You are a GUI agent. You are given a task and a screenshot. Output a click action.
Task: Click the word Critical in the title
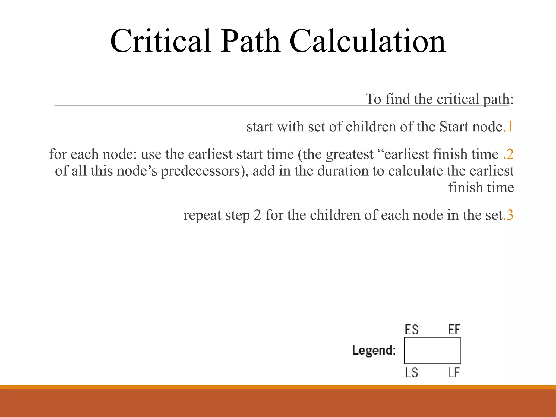(160, 41)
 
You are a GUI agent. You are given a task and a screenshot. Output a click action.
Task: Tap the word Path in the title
(250, 41)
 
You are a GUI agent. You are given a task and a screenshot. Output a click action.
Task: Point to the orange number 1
(510, 127)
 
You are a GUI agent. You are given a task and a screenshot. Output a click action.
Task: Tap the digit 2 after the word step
(257, 215)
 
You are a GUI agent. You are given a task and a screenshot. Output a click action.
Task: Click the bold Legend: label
(374, 350)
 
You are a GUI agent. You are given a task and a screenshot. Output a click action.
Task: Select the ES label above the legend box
(412, 330)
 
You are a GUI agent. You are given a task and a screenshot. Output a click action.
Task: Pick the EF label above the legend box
(454, 330)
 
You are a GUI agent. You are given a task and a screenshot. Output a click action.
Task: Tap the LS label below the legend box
(412, 373)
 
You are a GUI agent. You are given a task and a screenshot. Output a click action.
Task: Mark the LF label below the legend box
(454, 373)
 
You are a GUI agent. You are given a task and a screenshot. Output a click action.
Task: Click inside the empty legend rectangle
(432, 350)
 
